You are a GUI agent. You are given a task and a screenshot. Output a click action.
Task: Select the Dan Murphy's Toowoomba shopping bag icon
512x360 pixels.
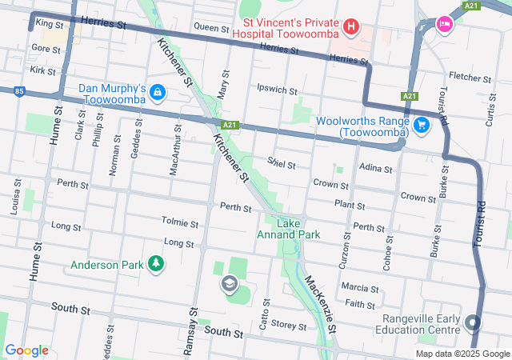pyautogui.click(x=158, y=93)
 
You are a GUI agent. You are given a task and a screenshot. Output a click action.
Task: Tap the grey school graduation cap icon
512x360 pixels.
pyautogui.click(x=230, y=284)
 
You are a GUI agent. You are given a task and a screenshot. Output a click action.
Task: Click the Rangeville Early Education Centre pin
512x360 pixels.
pyautogui.click(x=473, y=323)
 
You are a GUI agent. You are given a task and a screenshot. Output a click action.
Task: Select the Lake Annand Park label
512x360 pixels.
pyautogui.click(x=288, y=229)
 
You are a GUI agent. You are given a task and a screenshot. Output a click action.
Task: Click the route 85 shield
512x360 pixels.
pyautogui.click(x=18, y=90)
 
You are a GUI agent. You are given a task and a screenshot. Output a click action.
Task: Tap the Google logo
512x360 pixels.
pyautogui.click(x=27, y=350)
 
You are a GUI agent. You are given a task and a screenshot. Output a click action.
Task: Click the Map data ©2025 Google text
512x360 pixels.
pyautogui.click(x=462, y=354)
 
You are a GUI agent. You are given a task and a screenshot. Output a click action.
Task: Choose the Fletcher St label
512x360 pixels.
pyautogui.click(x=470, y=78)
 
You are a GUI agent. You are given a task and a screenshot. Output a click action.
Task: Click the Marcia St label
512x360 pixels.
pyautogui.click(x=359, y=287)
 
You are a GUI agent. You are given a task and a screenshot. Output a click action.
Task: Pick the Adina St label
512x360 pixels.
pyautogui.click(x=376, y=169)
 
